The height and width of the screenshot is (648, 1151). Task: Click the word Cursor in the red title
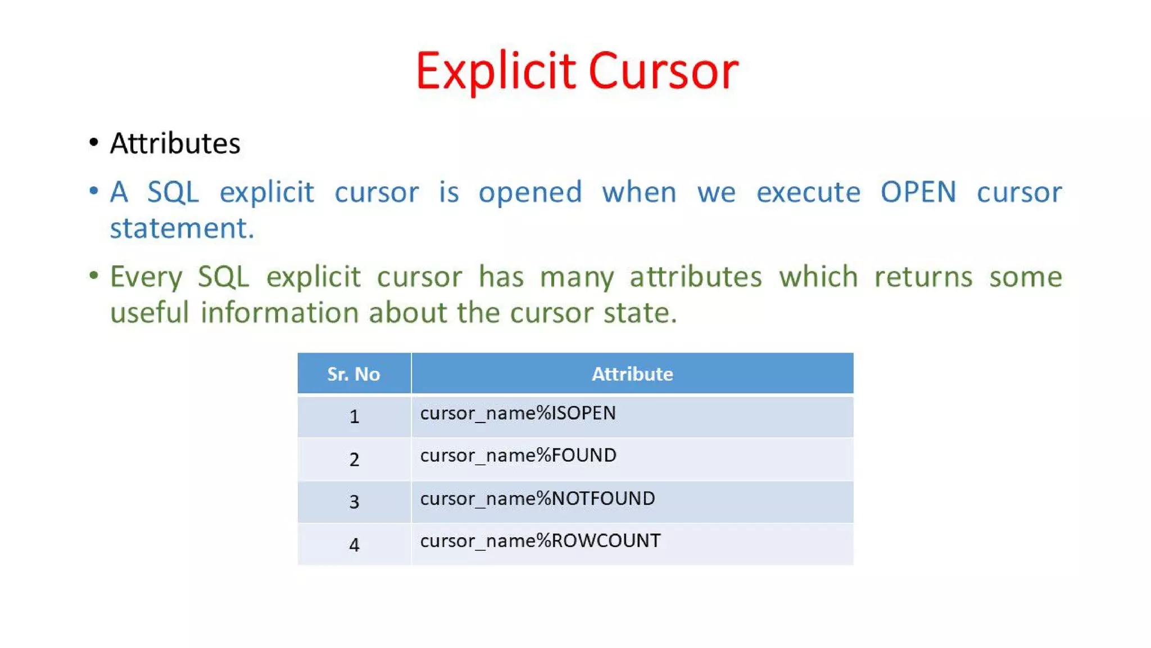point(663,71)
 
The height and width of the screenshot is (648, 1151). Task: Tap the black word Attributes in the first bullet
point(175,143)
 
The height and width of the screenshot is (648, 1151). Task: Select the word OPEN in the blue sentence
point(918,192)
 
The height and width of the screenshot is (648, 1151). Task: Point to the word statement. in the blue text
point(182,228)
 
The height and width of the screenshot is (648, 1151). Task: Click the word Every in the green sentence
point(146,277)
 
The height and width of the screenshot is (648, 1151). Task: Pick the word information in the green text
point(279,313)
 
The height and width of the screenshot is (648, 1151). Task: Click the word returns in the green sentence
point(923,277)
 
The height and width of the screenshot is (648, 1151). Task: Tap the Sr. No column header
point(354,374)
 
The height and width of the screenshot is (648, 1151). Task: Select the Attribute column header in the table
point(632,374)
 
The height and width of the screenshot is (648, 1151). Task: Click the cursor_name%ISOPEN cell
point(518,413)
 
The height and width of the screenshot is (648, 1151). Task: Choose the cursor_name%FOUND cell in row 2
point(518,456)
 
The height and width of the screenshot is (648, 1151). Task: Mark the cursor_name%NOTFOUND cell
point(537,498)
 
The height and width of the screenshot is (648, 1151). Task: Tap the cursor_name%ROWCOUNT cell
point(540,541)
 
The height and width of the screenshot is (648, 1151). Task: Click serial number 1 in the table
point(354,417)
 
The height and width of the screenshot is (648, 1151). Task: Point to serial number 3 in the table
point(354,502)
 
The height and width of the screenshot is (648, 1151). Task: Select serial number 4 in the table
point(354,544)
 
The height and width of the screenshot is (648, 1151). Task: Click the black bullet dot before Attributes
point(94,143)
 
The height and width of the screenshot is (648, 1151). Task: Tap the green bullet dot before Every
point(94,276)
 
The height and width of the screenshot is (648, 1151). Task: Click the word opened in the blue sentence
point(530,192)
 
